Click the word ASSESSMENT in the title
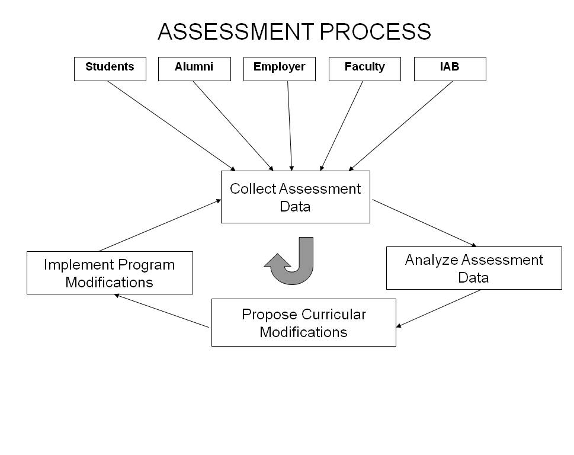point(236,31)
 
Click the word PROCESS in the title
point(376,31)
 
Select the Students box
point(110,69)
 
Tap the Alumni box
point(194,69)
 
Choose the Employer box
point(279,69)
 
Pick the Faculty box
point(364,69)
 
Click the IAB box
point(450,69)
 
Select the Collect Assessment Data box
point(295,197)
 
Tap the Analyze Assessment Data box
point(474,268)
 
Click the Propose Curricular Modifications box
point(303,322)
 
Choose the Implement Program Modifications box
point(110,273)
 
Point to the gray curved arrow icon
point(290,262)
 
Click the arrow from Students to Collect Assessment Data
point(172,126)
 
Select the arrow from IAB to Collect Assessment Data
point(401,126)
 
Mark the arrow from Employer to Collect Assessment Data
point(290,126)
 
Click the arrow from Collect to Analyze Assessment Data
point(424,223)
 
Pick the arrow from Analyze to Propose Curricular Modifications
point(438,308)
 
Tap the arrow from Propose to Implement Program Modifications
point(162,311)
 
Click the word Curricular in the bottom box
point(334,314)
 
